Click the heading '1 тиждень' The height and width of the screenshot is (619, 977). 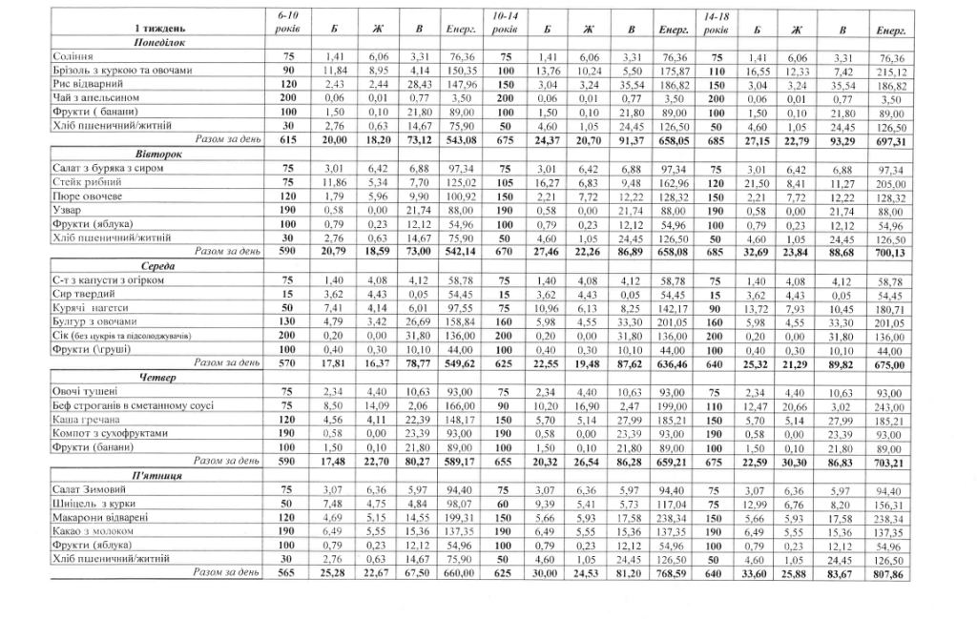154,31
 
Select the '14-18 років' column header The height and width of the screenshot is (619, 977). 716,24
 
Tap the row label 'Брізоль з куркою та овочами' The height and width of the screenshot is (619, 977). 123,71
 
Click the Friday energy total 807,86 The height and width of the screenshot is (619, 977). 889,573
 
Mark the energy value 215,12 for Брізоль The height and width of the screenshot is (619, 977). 890,71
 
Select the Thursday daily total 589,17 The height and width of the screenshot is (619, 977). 462,463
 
